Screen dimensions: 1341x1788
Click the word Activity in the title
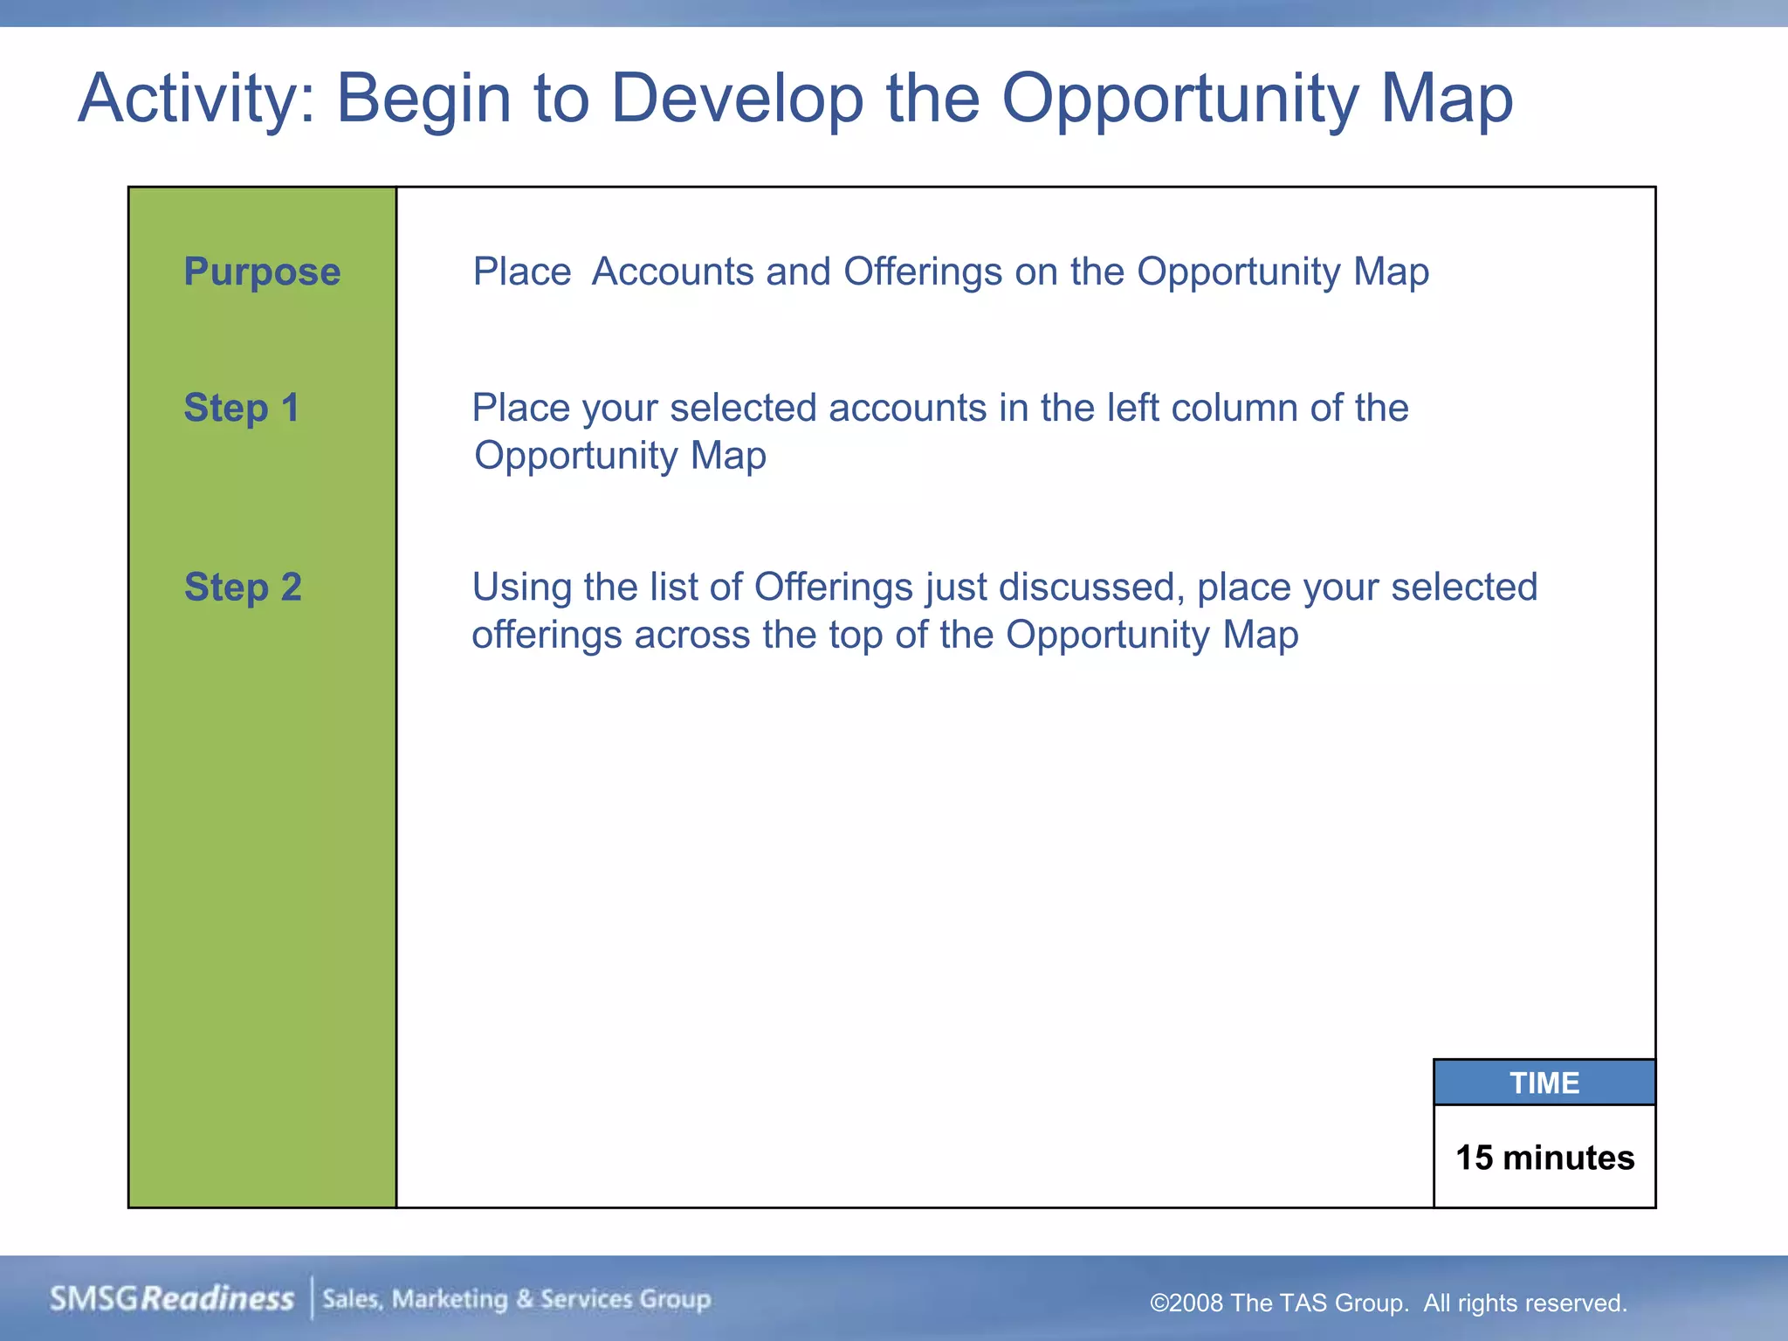(x=196, y=100)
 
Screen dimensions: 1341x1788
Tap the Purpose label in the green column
(x=262, y=272)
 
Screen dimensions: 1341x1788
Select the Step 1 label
(x=242, y=408)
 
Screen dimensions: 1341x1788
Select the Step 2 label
(x=243, y=587)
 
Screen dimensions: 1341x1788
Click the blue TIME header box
(x=1544, y=1083)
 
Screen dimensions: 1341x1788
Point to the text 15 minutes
(x=1544, y=1158)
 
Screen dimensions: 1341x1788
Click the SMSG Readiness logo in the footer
(x=172, y=1299)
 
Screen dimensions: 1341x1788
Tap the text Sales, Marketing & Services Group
(x=517, y=1299)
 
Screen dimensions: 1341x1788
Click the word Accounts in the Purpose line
(x=672, y=272)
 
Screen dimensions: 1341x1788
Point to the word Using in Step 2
(x=521, y=587)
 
